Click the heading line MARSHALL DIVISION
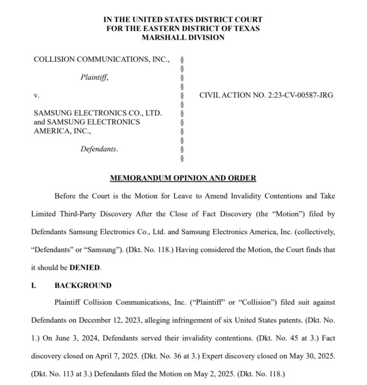tap(183, 37)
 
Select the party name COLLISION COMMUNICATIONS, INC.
tap(101, 59)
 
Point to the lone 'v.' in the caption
tap(36, 95)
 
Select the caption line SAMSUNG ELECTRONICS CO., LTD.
tap(97, 113)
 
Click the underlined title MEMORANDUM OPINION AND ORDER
tap(183, 178)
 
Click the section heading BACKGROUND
tap(83, 285)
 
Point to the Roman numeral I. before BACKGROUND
tap(34, 285)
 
